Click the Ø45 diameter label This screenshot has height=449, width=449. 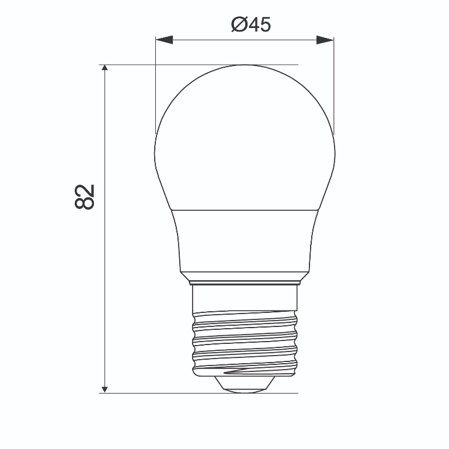251,25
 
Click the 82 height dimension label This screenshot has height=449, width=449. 85,197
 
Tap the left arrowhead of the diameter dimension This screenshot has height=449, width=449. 164,40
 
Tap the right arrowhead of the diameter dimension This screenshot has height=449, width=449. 325,40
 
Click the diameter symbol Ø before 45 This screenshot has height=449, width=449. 239,25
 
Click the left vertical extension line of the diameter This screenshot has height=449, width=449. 155,88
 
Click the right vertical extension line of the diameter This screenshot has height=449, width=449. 334,88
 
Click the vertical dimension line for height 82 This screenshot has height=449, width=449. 105,263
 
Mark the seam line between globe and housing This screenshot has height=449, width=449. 244,210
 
